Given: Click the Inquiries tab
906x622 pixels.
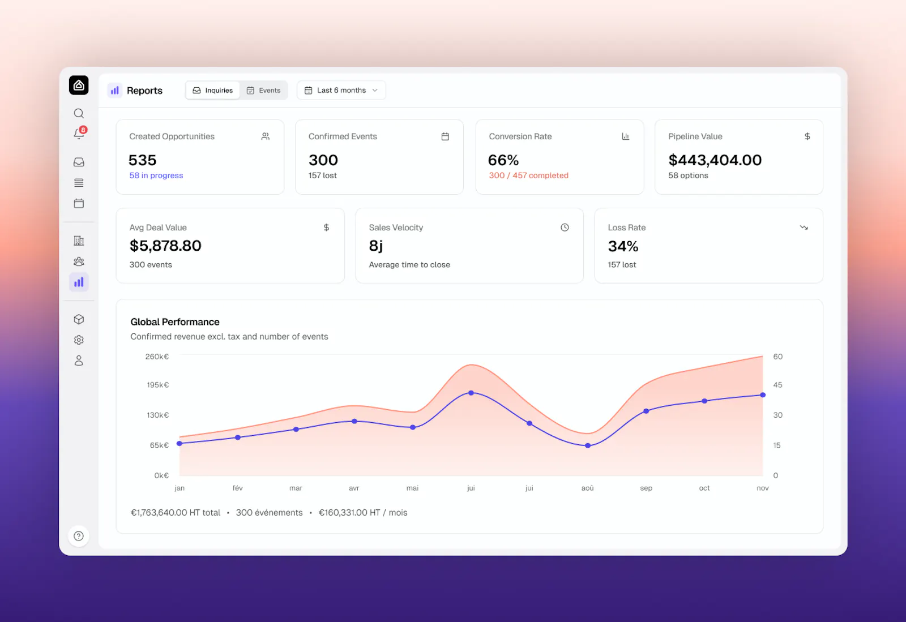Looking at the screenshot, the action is point(213,90).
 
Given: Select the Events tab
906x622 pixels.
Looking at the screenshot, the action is point(263,90).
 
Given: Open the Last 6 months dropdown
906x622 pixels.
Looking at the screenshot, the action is point(341,90).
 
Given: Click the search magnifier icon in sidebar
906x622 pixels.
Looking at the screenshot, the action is point(79,113).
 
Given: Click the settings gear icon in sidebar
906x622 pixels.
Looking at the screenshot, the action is point(79,340).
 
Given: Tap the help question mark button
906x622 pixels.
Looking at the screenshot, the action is point(79,536).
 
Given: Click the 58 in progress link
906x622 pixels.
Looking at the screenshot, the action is point(156,175).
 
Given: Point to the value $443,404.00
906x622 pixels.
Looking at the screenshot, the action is point(715,160).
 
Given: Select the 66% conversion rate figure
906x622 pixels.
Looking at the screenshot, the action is point(503,160).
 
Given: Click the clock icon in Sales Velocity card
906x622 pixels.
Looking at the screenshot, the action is point(565,228).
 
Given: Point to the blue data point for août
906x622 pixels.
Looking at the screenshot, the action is point(588,445).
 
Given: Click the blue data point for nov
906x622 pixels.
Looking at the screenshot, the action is point(763,395).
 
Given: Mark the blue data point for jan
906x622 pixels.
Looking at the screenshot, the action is point(180,443).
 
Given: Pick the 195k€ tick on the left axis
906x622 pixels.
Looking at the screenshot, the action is point(158,385).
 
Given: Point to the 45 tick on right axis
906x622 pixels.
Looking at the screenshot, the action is point(777,385).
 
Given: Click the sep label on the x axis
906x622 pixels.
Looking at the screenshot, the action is point(646,488).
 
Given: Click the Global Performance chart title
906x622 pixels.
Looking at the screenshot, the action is point(175,321).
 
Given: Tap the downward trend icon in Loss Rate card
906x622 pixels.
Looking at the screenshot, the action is point(804,228).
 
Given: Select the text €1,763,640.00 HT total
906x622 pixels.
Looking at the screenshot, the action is point(175,512).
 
